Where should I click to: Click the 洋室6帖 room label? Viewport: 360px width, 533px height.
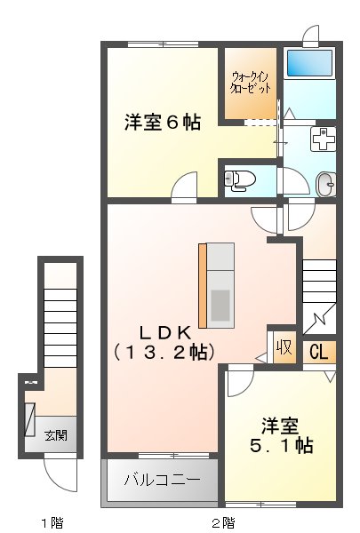[162, 123]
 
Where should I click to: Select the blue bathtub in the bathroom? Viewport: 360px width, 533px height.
[309, 64]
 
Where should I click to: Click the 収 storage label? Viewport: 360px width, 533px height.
[284, 346]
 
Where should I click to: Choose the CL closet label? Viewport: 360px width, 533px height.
[318, 352]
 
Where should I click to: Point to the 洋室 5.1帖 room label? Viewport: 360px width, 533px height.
[280, 434]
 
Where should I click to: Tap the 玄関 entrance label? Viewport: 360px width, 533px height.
[58, 435]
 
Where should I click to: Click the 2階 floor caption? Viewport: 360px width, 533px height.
[222, 521]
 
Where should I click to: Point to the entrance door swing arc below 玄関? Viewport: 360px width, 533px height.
[59, 472]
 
